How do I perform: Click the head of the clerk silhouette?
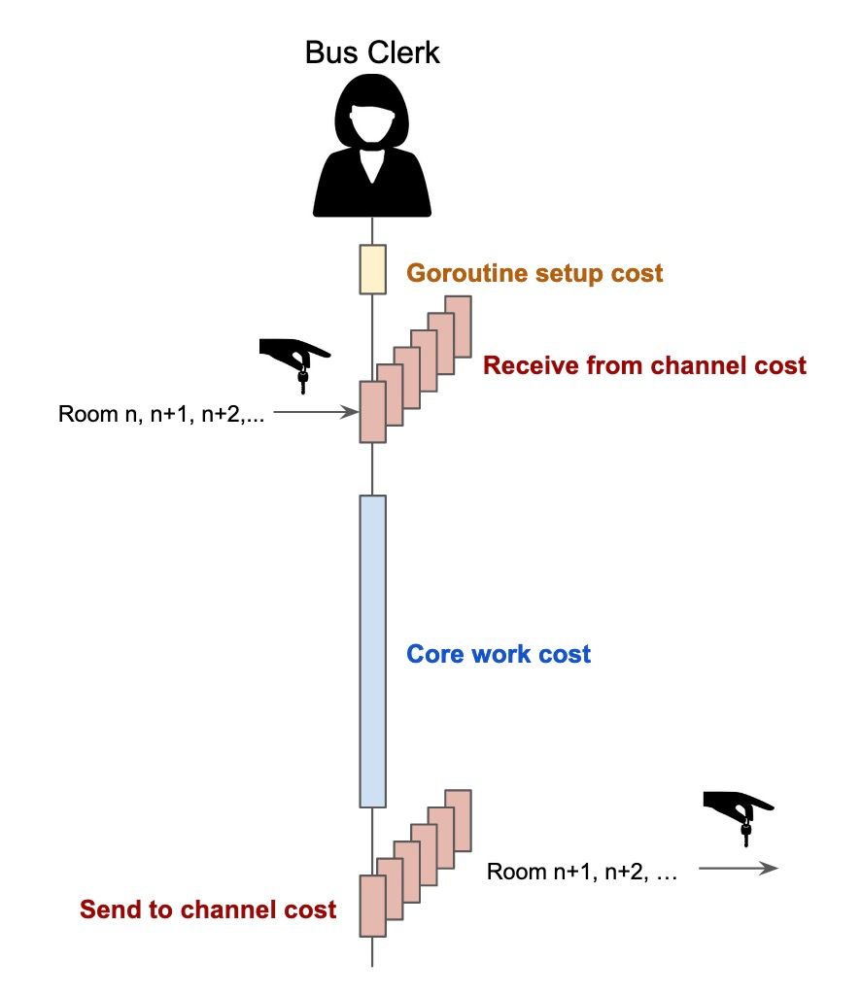(x=372, y=115)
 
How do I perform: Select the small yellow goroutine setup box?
(x=373, y=269)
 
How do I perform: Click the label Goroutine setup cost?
(x=534, y=273)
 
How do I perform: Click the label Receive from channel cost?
(x=644, y=366)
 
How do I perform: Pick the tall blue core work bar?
(x=373, y=650)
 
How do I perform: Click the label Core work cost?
(x=498, y=654)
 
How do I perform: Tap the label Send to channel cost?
(x=208, y=909)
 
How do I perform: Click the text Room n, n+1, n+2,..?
(x=162, y=413)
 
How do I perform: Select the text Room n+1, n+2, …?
(x=581, y=872)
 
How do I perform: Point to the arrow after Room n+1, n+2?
(x=739, y=869)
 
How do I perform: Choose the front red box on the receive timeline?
(x=372, y=411)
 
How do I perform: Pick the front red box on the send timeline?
(x=372, y=905)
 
